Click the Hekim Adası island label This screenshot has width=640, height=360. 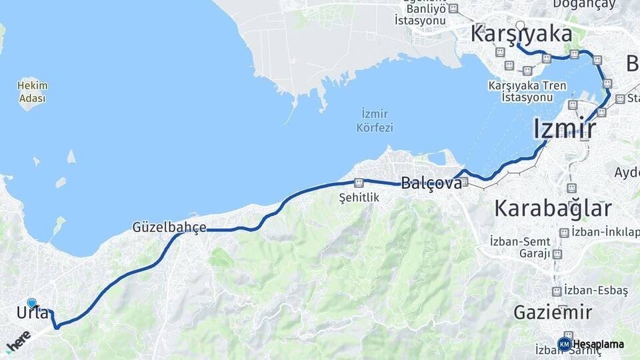32,91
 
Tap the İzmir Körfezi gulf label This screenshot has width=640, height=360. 375,120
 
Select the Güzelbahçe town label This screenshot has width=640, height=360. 169,227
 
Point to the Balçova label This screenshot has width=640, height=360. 431,183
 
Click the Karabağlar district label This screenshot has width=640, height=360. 553,209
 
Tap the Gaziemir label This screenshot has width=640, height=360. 553,312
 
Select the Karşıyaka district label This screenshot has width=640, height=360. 521,34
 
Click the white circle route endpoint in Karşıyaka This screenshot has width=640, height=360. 520,26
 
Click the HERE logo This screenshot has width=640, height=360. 18,343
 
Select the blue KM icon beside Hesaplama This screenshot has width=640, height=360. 564,344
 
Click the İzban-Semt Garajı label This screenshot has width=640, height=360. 520,247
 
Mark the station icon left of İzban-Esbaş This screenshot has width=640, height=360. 556,291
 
